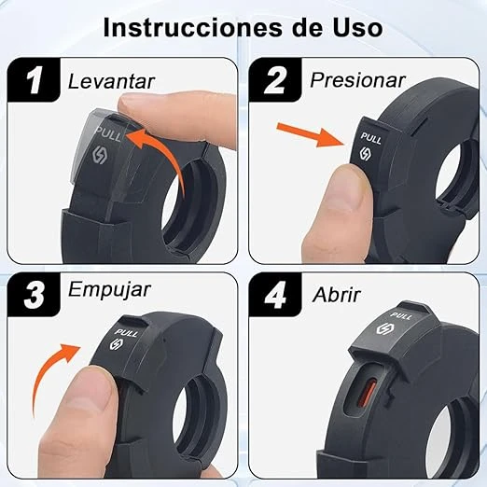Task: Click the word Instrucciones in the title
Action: (194, 27)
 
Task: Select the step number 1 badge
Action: (34, 80)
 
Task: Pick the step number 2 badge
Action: (275, 80)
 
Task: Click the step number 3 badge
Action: (34, 295)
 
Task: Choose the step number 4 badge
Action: (275, 295)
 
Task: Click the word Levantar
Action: (111, 81)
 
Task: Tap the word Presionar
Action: (357, 80)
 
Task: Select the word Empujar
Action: (109, 291)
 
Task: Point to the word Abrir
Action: (336, 294)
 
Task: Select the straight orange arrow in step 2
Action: (311, 134)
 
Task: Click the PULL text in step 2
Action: (371, 138)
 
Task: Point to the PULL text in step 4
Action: (401, 316)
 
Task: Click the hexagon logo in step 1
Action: (100, 155)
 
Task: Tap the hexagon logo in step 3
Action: (117, 344)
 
